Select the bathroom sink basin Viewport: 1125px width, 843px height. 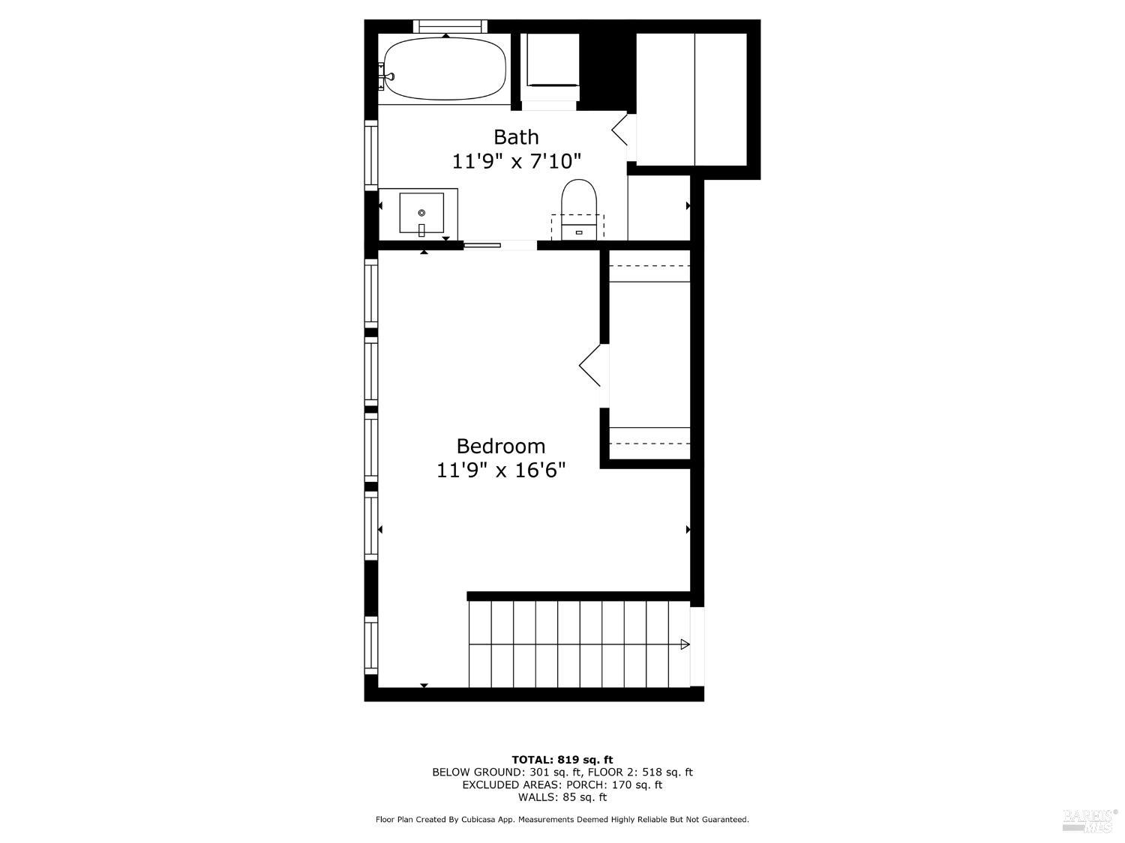coord(421,214)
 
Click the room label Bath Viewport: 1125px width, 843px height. coord(516,137)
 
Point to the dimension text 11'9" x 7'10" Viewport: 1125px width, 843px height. coord(516,161)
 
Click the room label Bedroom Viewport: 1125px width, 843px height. coord(500,447)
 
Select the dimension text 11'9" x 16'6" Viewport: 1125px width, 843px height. coord(500,471)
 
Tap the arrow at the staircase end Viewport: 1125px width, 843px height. coord(684,644)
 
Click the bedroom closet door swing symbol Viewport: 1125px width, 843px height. coord(591,366)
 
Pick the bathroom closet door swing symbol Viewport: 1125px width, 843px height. coord(620,130)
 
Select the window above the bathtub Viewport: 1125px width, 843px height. coord(448,26)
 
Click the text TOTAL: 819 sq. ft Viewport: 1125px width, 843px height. coord(562,760)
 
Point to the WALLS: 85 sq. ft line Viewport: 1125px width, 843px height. coord(562,797)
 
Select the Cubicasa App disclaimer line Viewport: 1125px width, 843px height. coord(562,820)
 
